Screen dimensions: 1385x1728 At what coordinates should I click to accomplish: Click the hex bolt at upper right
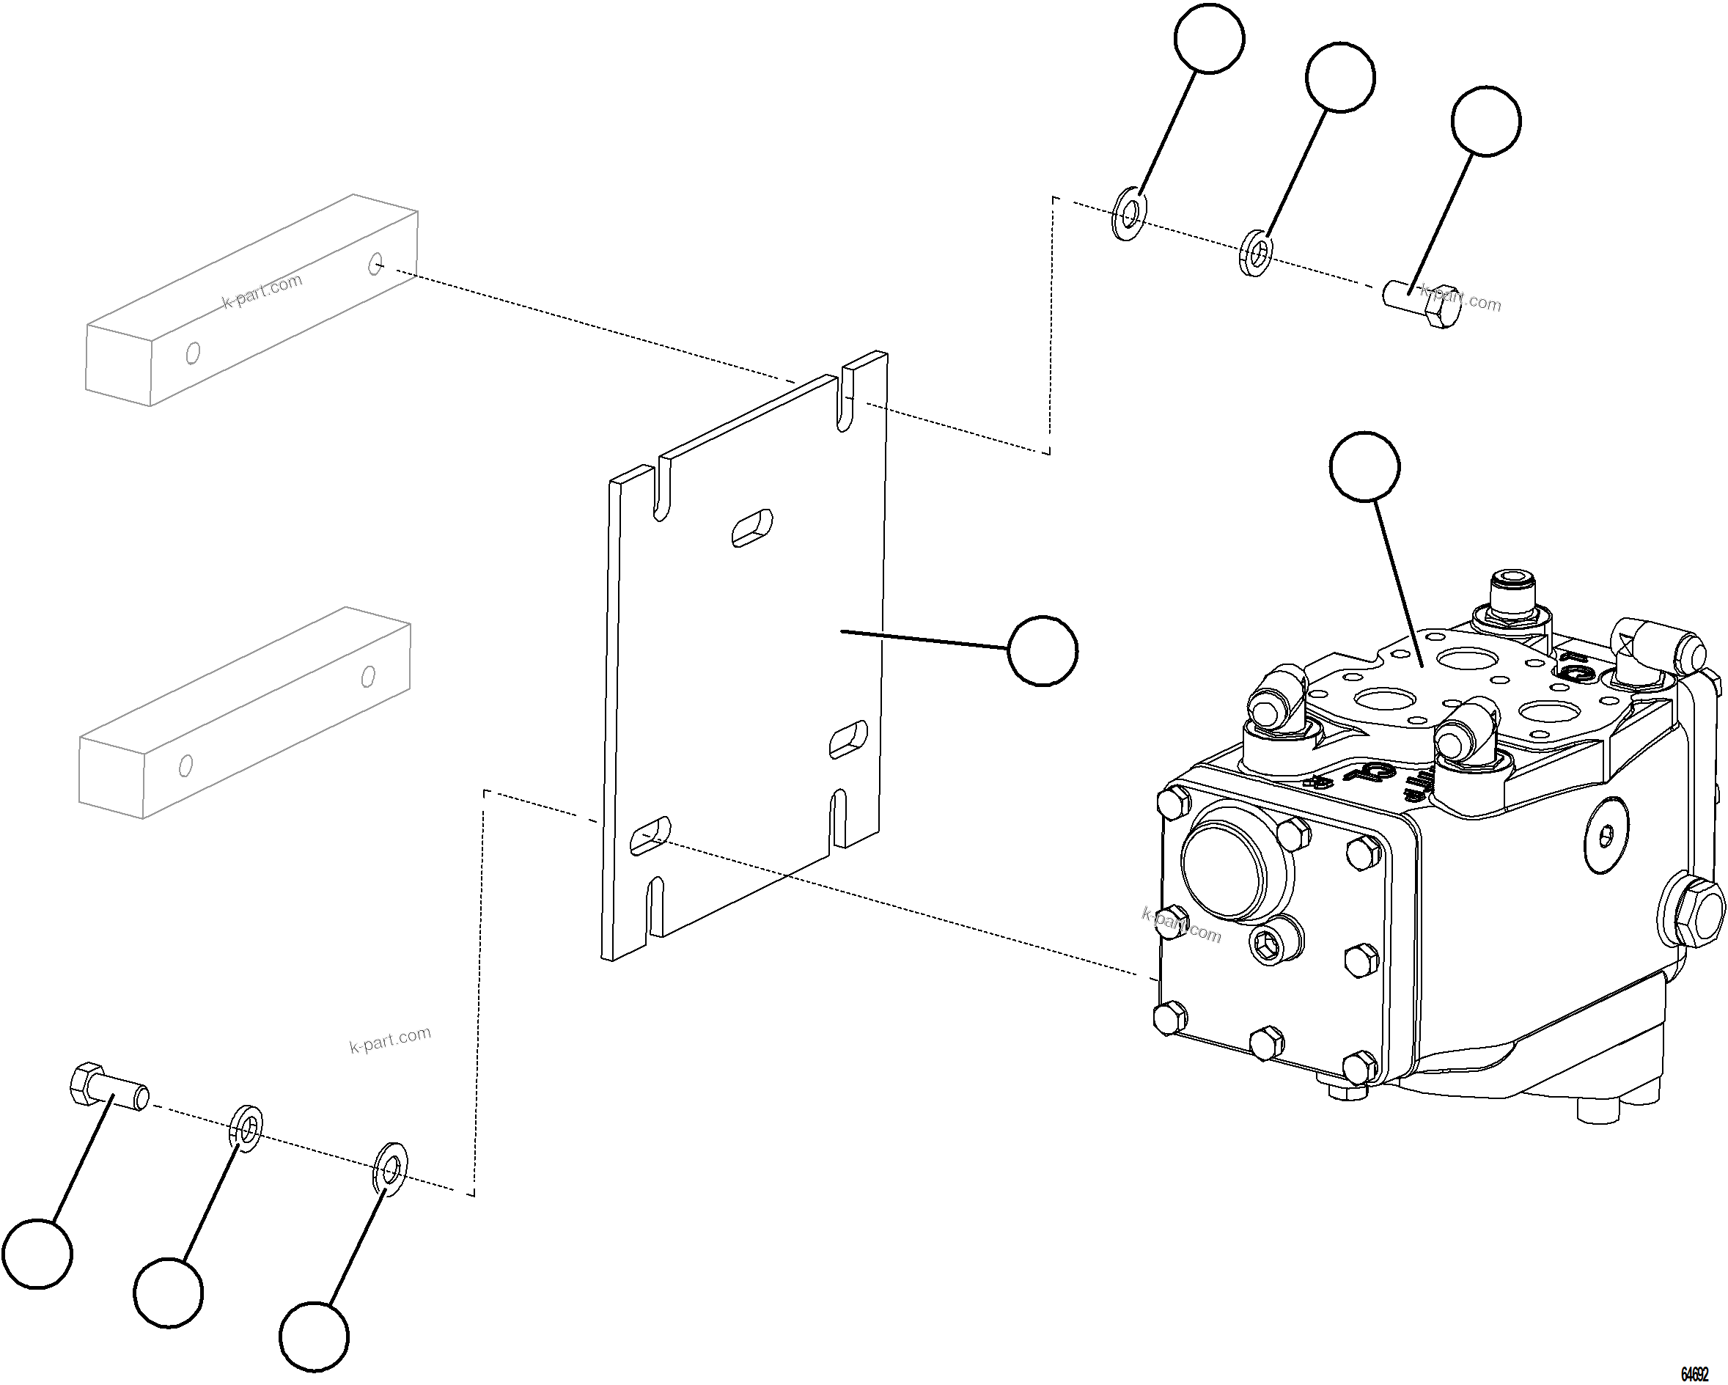1422,305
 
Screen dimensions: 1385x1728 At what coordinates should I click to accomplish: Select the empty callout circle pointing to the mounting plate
1042,651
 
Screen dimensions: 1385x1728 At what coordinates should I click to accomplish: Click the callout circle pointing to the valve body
1364,466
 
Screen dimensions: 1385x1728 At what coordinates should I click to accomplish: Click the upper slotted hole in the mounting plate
753,529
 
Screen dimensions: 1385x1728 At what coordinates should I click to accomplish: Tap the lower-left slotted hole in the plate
650,836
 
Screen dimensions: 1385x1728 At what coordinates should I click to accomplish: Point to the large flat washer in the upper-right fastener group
1129,214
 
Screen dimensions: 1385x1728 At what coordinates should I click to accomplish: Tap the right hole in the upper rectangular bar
375,263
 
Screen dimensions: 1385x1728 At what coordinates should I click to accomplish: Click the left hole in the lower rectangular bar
185,765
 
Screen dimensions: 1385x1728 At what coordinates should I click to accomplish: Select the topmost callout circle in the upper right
1209,37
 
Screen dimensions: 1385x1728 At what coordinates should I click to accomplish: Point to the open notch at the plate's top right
846,399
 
